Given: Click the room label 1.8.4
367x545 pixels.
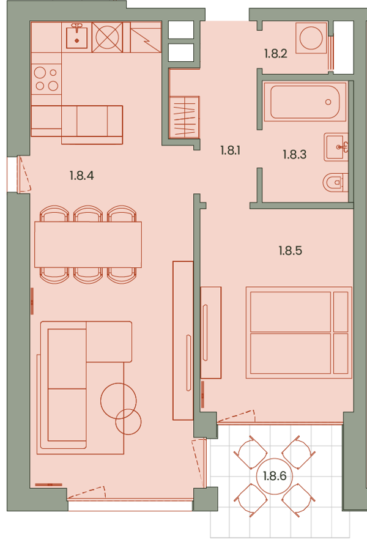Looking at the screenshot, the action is (82, 176).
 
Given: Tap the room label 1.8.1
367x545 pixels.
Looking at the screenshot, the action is (231, 150).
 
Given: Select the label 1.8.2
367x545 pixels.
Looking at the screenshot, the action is (276, 54).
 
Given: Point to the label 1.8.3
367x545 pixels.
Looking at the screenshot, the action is (295, 154).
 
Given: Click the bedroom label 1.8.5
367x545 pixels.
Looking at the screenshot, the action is (291, 251).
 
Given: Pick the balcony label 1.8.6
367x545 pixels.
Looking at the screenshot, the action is (275, 476).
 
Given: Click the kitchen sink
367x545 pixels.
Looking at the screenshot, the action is (77, 36).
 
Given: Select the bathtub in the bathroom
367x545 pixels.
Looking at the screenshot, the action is (305, 102).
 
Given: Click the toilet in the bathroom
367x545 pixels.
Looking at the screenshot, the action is (335, 182).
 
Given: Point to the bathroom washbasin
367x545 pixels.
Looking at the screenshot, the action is (336, 147).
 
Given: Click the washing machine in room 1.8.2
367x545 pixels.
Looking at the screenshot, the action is (311, 37).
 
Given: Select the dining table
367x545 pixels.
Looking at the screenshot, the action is (88, 245).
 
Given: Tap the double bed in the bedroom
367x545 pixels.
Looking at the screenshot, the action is (299, 332).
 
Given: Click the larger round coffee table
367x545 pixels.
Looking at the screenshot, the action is (119, 401).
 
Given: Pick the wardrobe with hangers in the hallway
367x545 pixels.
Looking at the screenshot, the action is (184, 117).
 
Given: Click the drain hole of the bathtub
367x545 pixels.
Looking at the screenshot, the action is (328, 102).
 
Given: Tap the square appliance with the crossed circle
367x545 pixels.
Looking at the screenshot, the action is (108, 37).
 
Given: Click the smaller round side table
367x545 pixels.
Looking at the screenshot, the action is (128, 422).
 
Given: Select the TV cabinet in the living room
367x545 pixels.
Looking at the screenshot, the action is (183, 341).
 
